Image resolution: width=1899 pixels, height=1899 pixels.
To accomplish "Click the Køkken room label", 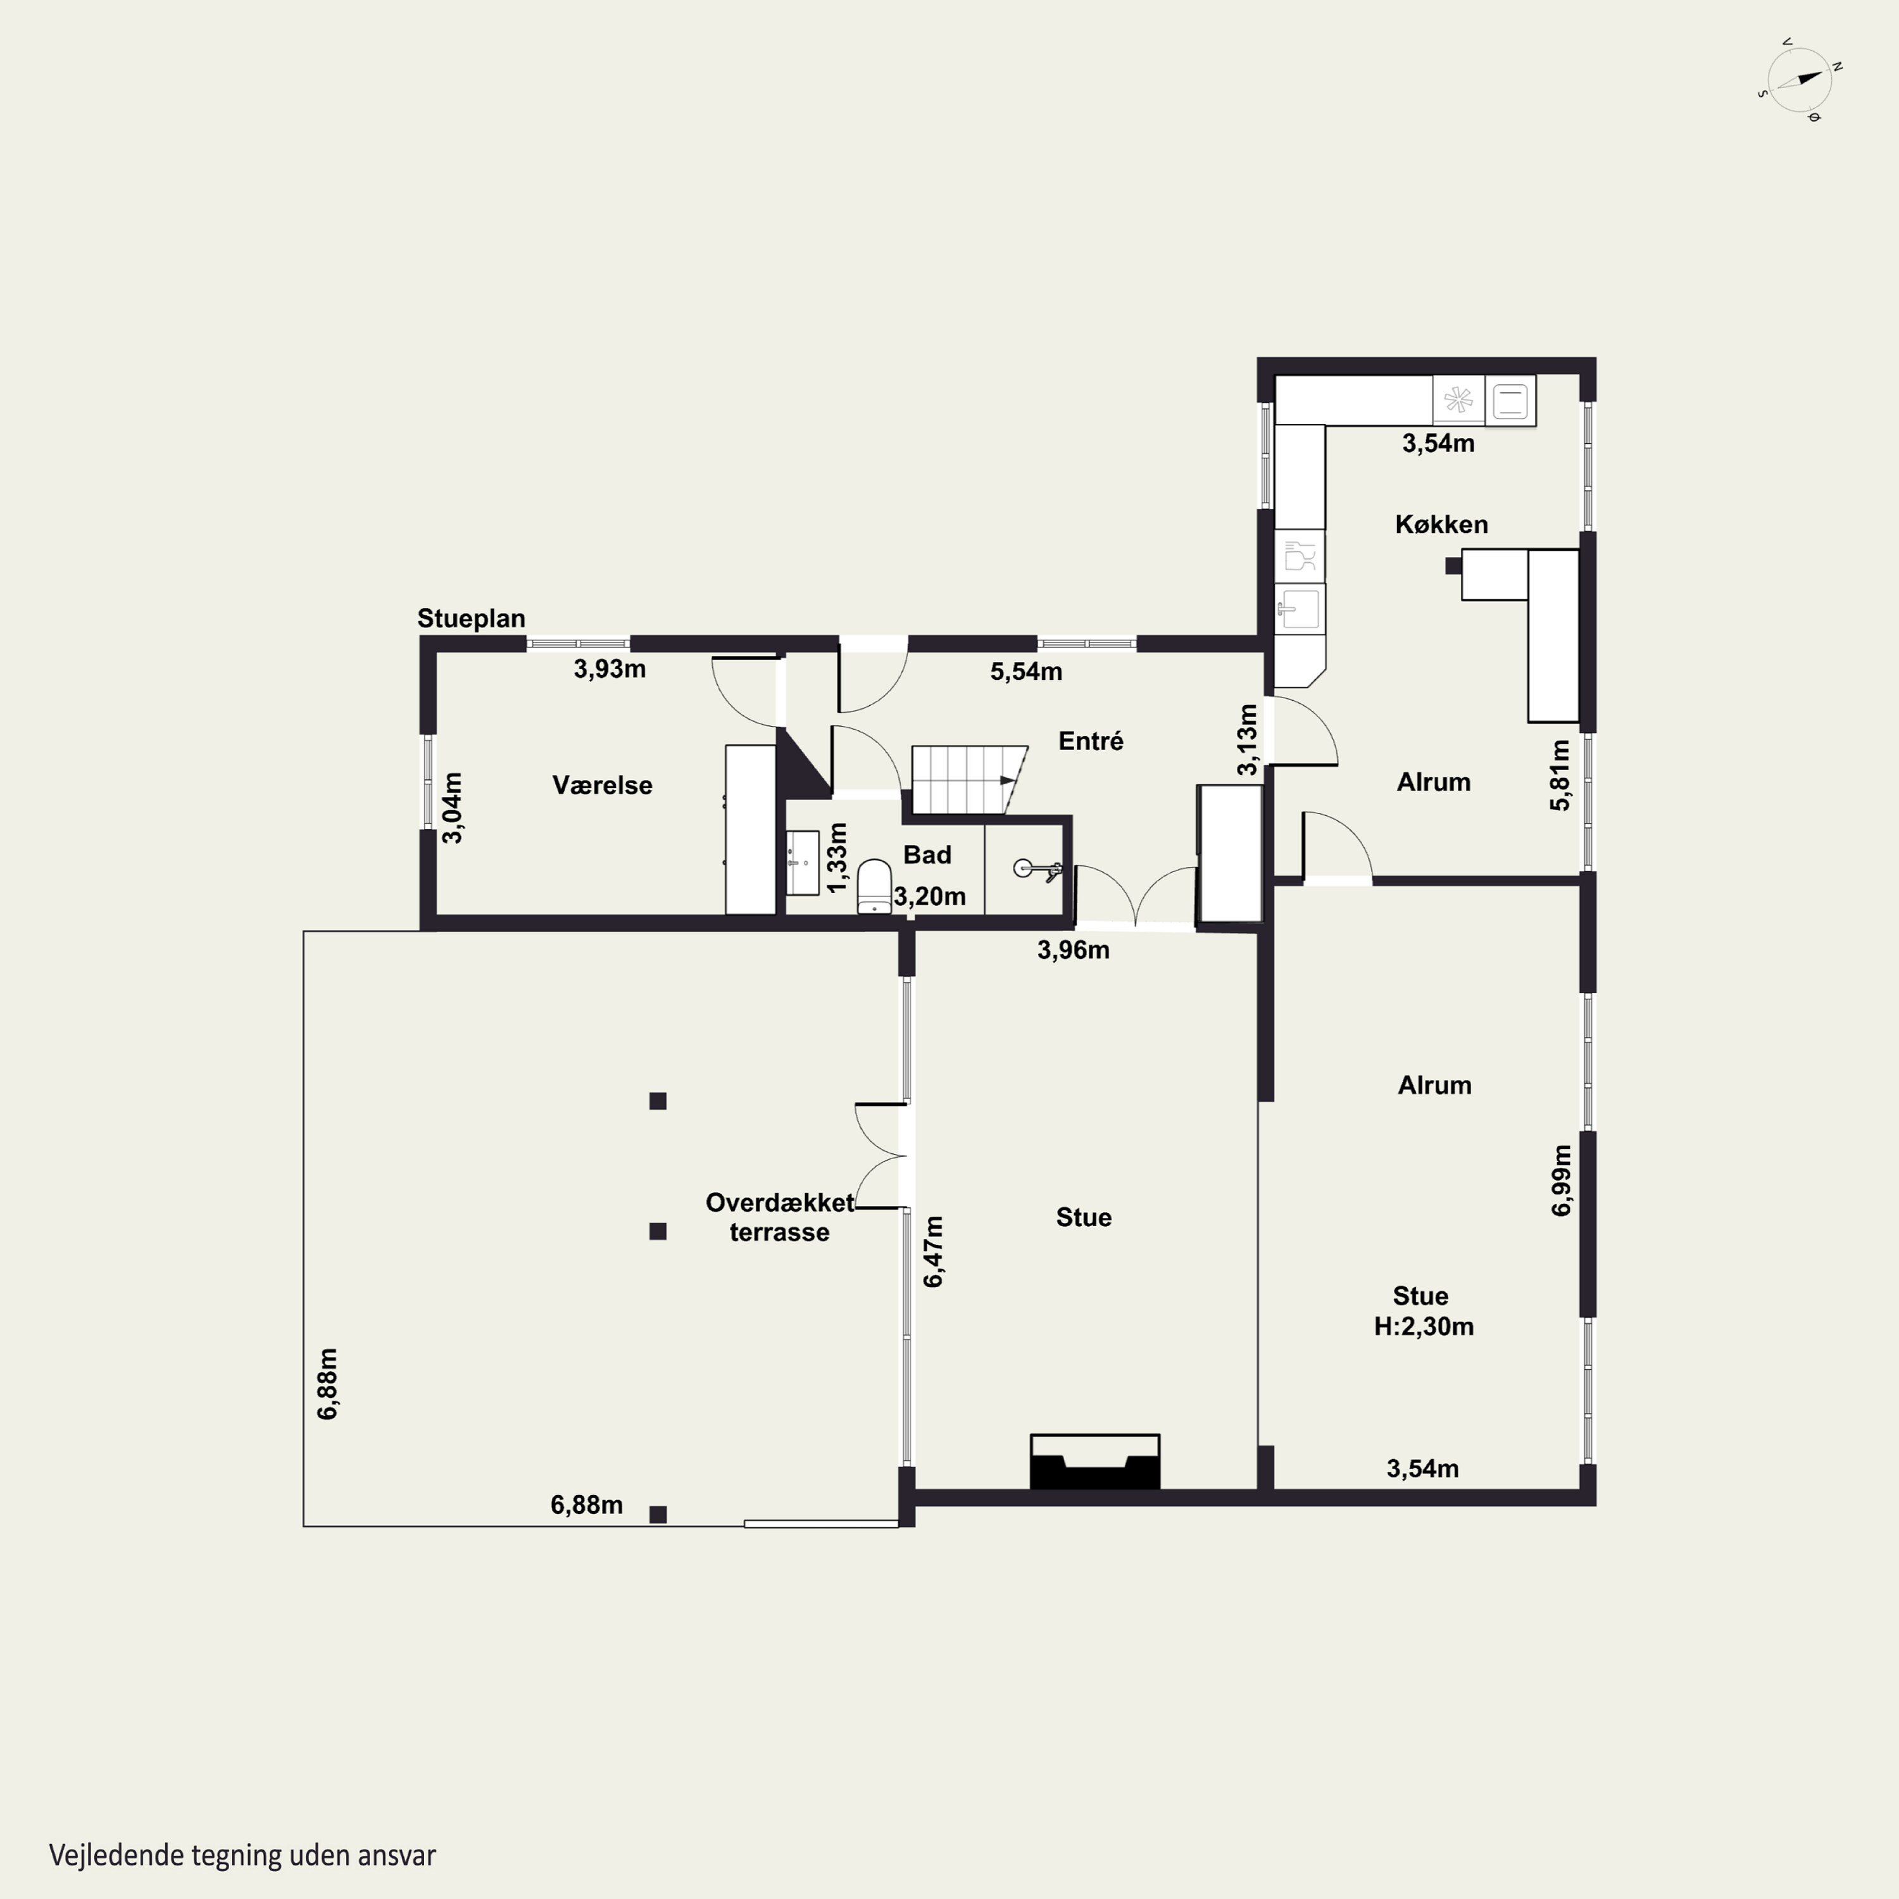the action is (1441, 524).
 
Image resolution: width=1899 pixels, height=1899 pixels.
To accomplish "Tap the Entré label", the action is (1090, 741).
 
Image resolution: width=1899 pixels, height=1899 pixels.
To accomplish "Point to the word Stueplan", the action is (471, 618).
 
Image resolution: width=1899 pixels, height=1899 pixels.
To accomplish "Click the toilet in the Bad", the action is (874, 887).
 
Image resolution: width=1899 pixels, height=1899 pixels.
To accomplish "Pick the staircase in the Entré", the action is (969, 779).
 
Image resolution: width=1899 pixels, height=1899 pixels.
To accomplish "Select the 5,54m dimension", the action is (1025, 672).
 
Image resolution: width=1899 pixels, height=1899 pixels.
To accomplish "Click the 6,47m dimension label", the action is (933, 1251).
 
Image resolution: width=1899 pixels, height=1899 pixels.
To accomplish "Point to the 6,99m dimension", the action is (1561, 1181).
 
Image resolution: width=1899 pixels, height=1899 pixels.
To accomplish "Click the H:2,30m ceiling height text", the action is (1423, 1326).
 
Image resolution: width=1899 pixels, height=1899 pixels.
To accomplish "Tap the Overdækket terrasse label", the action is (779, 1217).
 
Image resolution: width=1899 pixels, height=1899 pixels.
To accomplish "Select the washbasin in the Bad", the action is (802, 863).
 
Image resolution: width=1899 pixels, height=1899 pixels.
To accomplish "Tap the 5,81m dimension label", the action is (1560, 775).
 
